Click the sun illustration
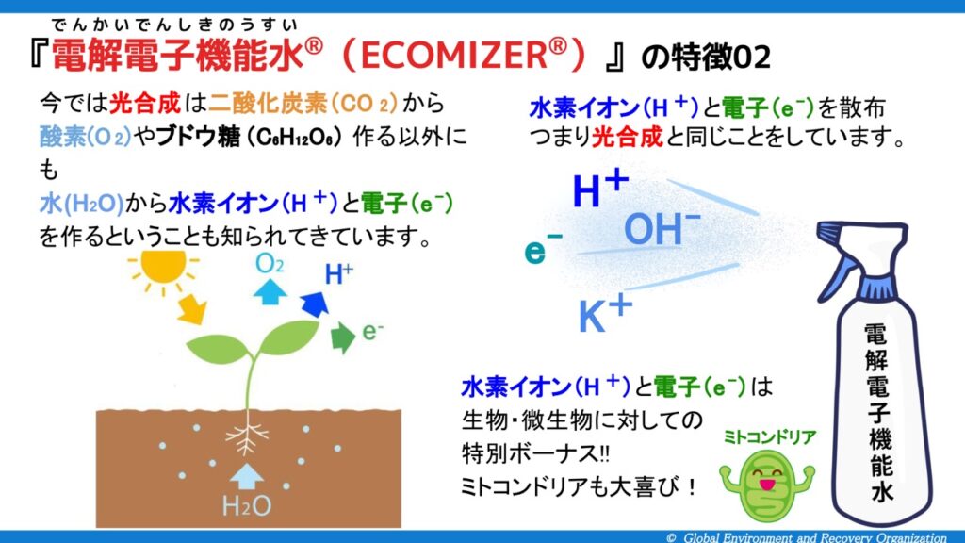pos(163,268)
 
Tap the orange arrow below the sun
pos(192,308)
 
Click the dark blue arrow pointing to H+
pos(315,304)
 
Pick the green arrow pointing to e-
pos(343,337)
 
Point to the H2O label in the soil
pos(247,506)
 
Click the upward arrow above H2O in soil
pos(247,476)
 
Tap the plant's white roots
pos(247,436)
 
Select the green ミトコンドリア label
pos(770,437)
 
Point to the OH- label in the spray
pos(662,228)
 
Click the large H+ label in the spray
pos(600,189)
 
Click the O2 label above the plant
pos(270,264)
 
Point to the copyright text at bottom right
pos(807,537)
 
